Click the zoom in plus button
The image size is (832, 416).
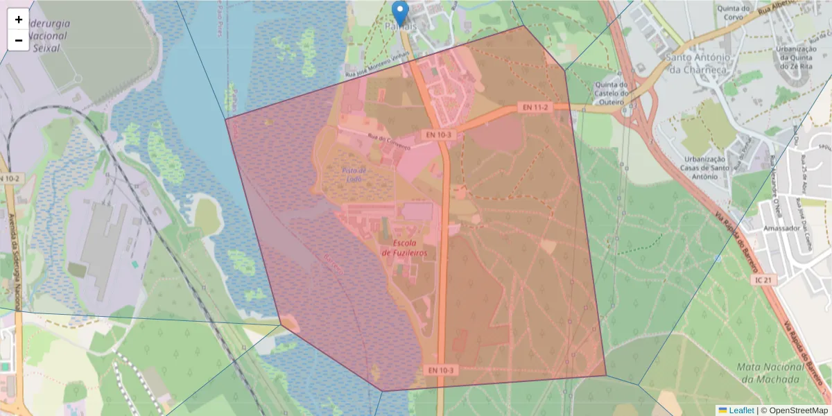click(x=19, y=19)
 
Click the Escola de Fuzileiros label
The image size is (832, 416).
click(x=404, y=248)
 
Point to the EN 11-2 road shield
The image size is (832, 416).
click(x=535, y=107)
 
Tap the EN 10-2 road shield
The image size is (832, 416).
click(x=10, y=178)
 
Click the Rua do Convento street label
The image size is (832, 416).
click(x=389, y=142)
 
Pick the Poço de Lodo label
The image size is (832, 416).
click(x=354, y=175)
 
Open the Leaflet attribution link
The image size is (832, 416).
click(x=740, y=410)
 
